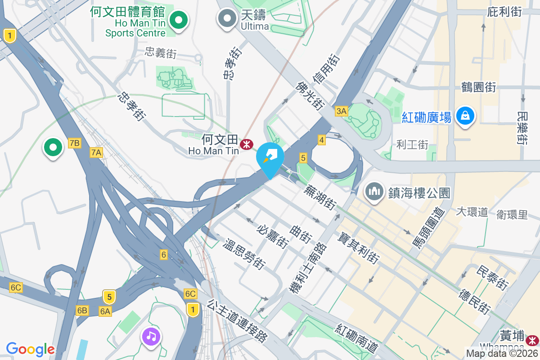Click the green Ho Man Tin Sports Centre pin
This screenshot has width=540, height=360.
click(x=179, y=20)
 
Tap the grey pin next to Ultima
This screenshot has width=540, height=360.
click(x=227, y=19)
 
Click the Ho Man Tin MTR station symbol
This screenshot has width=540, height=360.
click(x=246, y=144)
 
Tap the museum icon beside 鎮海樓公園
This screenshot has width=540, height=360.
click(x=374, y=193)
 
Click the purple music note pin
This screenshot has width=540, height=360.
click(x=152, y=336)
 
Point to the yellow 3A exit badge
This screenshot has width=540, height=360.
click(x=341, y=111)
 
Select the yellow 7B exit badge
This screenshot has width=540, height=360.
click(x=74, y=143)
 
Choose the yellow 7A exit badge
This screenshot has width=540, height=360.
click(x=96, y=153)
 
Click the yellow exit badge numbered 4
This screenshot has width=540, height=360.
click(x=321, y=140)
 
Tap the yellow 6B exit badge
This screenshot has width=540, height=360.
click(x=82, y=310)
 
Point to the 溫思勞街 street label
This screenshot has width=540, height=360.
click(x=244, y=255)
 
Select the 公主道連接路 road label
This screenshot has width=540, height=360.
click(x=237, y=321)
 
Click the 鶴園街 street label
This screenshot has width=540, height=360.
click(x=479, y=87)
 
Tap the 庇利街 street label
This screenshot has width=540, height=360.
click(x=504, y=12)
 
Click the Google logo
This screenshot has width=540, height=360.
click(x=30, y=349)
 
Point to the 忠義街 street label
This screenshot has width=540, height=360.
click(x=161, y=54)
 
